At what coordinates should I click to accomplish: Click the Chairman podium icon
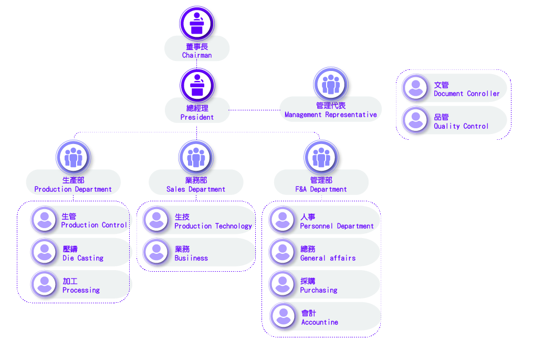[197, 24]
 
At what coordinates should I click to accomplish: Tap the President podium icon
[197, 86]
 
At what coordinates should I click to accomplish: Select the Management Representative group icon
[331, 84]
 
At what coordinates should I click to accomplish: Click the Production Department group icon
[74, 157]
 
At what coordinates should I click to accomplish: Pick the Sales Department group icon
[196, 157]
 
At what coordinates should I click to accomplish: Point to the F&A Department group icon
[321, 157]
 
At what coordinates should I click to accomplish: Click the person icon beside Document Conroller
[415, 87]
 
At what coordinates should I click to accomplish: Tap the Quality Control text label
[461, 126]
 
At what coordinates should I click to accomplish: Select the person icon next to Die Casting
[45, 252]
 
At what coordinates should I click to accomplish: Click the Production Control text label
[94, 225]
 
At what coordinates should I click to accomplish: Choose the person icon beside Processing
[45, 284]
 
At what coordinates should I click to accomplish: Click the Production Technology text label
[213, 227]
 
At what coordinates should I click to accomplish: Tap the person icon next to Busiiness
[156, 252]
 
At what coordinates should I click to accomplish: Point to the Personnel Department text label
[337, 227]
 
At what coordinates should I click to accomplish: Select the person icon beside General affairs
[283, 252]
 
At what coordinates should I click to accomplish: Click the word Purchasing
[319, 290]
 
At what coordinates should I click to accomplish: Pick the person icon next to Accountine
[283, 316]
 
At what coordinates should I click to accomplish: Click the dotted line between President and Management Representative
[254, 110]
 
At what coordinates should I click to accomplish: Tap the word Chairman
[197, 55]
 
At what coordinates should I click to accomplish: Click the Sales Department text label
[196, 189]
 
